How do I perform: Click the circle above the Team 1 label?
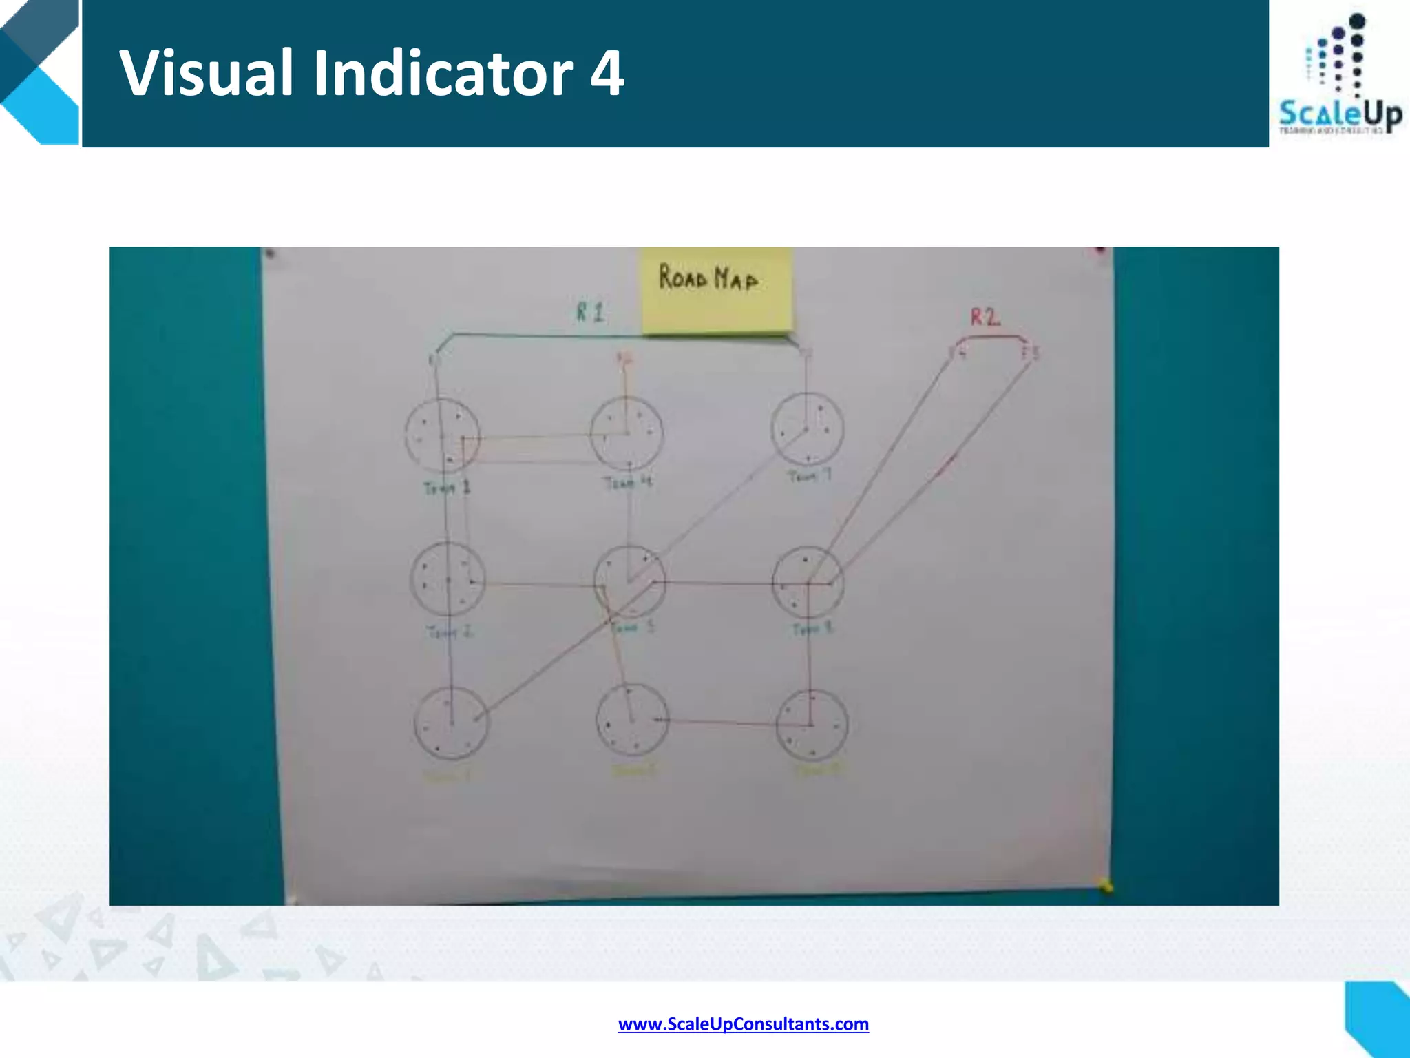point(442,435)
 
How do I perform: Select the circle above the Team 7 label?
point(807,429)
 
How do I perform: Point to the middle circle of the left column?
point(448,580)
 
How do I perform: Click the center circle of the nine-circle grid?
point(629,582)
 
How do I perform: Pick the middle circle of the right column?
point(808,583)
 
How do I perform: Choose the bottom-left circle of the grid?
point(451,723)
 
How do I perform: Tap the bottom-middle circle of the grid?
point(631,720)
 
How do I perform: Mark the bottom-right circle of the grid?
point(811,725)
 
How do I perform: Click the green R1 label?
point(590,313)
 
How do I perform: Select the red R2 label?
point(985,317)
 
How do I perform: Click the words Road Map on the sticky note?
point(708,278)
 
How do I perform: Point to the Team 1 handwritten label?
point(447,488)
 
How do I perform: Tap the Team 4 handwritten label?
point(627,482)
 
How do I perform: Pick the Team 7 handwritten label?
point(810,476)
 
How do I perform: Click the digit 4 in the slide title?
point(607,73)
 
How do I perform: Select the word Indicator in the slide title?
point(443,73)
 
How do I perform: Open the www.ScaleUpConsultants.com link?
point(744,1024)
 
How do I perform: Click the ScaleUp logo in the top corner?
point(1340,76)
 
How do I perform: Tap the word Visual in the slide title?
point(207,73)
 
